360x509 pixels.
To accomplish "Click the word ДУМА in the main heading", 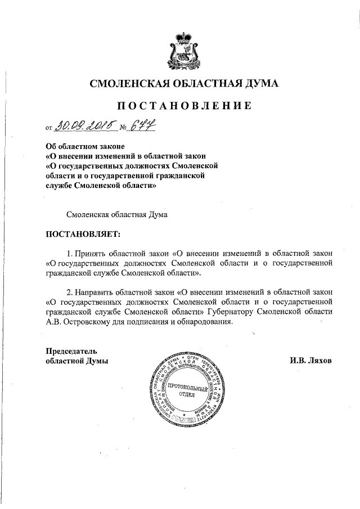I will (x=259, y=84).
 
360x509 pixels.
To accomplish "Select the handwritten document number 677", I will (x=139, y=124).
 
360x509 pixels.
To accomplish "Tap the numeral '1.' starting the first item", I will (x=70, y=251).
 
